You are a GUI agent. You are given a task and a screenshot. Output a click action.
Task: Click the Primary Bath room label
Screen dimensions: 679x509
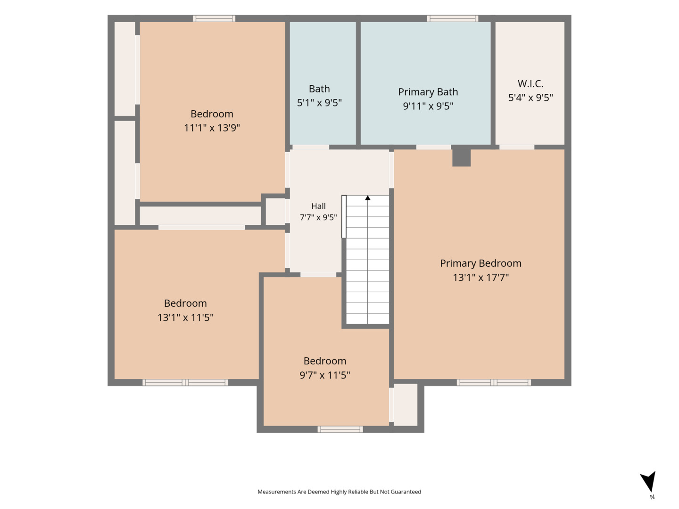(x=428, y=92)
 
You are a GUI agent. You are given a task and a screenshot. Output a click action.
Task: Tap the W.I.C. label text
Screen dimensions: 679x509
(x=530, y=83)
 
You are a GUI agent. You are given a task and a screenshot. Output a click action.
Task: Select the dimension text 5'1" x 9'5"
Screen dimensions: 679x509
(x=319, y=102)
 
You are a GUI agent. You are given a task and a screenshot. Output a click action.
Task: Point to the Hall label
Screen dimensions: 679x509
(x=318, y=206)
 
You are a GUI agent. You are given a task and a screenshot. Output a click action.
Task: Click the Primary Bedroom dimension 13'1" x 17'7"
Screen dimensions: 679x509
(x=480, y=277)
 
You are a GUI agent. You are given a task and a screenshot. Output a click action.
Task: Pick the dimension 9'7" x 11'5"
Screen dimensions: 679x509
(x=325, y=375)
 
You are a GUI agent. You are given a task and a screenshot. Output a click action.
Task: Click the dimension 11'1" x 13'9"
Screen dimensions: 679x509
(x=212, y=128)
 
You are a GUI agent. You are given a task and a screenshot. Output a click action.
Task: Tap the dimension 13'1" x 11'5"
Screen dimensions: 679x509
(x=185, y=317)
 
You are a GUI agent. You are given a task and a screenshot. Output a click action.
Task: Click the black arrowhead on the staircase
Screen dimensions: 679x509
(x=367, y=198)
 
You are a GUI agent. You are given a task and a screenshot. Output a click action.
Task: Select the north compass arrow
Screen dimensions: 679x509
(x=648, y=481)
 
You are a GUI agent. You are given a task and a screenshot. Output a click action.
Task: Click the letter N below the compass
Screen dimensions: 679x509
(x=652, y=497)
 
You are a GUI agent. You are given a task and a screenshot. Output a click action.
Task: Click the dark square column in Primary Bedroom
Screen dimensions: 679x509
(x=461, y=157)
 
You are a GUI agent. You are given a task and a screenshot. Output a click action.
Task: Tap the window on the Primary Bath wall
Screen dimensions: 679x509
(x=453, y=18)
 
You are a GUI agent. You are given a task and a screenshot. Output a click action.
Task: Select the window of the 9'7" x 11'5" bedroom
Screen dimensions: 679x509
(x=340, y=429)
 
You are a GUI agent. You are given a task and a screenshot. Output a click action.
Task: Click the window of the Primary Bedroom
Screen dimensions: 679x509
(x=494, y=383)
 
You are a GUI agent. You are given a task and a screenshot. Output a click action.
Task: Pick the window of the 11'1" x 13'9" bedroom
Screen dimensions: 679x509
(x=214, y=18)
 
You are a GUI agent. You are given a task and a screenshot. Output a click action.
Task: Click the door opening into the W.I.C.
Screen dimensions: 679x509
(x=517, y=147)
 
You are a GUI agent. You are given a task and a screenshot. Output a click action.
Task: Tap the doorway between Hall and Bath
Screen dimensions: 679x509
(x=311, y=147)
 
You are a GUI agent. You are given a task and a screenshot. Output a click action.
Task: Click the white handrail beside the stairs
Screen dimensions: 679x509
(x=344, y=217)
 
